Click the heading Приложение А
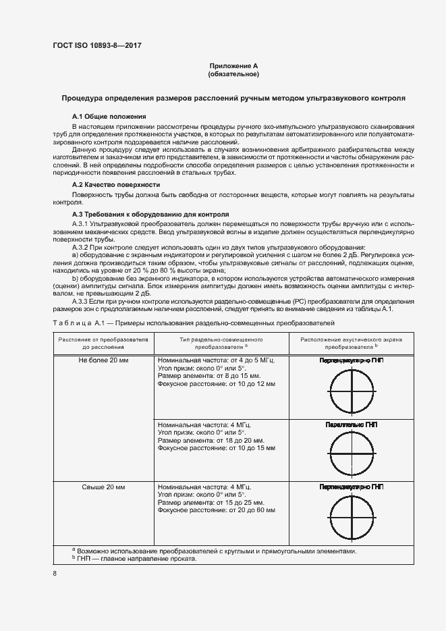233,65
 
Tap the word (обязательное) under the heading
233,74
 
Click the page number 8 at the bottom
54,574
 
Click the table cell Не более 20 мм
103,360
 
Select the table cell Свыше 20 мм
103,486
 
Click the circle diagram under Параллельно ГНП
351,453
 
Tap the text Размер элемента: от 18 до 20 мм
205,439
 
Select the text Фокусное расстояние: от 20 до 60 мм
216,510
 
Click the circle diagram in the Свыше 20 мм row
351,516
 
